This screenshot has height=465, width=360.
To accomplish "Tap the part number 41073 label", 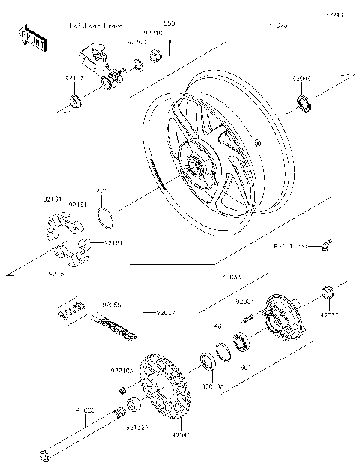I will (277, 25).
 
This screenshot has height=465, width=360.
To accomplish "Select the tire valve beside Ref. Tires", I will (325, 244).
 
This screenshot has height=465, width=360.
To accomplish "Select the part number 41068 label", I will (84, 409).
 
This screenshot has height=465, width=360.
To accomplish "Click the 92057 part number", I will (167, 313).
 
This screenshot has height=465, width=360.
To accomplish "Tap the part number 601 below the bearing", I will (244, 367).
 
